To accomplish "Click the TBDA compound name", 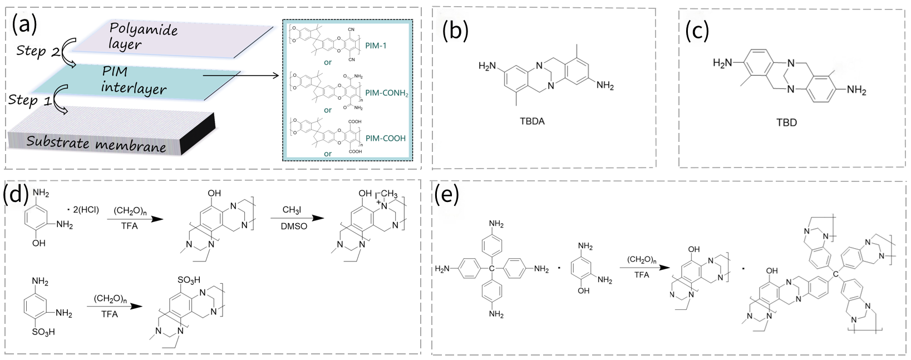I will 530,121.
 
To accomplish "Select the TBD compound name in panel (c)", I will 786,122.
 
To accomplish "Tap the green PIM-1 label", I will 376,46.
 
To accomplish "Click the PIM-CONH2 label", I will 387,93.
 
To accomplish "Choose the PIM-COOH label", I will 386,138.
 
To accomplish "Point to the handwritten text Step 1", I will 31,101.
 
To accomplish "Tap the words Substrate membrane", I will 96,143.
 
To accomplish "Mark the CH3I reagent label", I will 292,210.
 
